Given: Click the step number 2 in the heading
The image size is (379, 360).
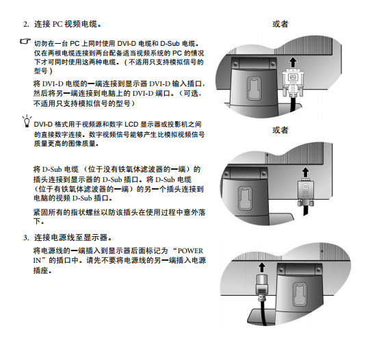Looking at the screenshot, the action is click(x=26, y=25).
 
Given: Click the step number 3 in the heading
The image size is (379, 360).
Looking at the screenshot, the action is click(x=26, y=238).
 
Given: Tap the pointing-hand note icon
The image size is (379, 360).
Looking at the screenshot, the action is click(x=25, y=41).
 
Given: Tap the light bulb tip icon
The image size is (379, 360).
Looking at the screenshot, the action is click(x=27, y=121).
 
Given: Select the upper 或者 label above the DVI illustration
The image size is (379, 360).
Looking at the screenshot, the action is click(x=280, y=24).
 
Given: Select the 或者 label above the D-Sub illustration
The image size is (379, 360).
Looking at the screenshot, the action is click(x=280, y=130).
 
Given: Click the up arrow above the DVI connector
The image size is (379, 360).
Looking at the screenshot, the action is click(x=293, y=62).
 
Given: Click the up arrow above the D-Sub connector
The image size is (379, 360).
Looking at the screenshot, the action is click(x=306, y=172).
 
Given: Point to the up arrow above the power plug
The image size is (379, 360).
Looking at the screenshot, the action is click(x=261, y=268).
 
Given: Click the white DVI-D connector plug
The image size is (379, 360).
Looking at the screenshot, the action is click(x=293, y=82).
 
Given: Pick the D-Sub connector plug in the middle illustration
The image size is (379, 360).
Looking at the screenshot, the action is click(x=306, y=192).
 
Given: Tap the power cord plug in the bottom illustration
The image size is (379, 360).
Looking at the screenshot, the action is click(x=261, y=287).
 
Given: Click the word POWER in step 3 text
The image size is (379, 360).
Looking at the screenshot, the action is click(x=190, y=250).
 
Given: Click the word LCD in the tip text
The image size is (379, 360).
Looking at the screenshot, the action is click(x=131, y=125).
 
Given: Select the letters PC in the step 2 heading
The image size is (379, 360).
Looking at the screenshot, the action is click(x=57, y=25).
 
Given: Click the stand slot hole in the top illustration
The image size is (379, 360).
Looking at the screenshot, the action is click(x=254, y=88).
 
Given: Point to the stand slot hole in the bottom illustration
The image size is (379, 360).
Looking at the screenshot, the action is click(x=300, y=294).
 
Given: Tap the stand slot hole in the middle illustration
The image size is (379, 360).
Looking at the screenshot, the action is click(x=245, y=198).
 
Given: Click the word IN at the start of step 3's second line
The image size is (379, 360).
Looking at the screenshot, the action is click(x=37, y=261).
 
